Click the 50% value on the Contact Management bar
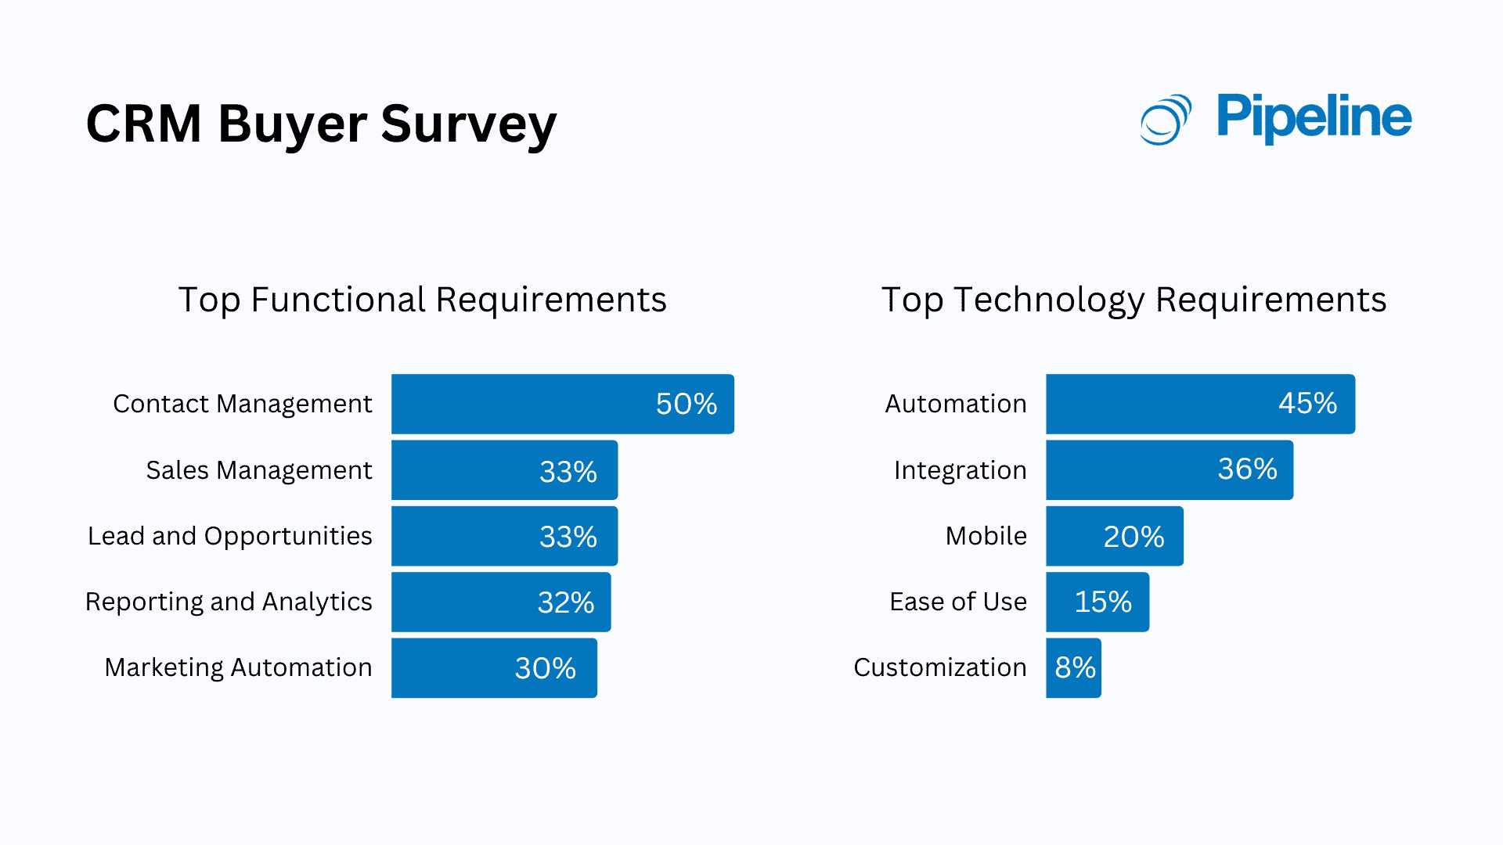pos(686,404)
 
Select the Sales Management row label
pos(258,470)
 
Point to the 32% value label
pos(565,602)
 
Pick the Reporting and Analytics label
pos(228,602)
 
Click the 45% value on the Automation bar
pos(1307,403)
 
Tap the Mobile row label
pos(986,536)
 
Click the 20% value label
pos(1133,537)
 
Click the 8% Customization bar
pos(1073,668)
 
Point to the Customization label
pos(939,667)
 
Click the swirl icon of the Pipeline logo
pos(1165,120)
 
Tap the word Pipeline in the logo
pos(1314,117)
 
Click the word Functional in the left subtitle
pos(337,300)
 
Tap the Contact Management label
pos(242,404)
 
